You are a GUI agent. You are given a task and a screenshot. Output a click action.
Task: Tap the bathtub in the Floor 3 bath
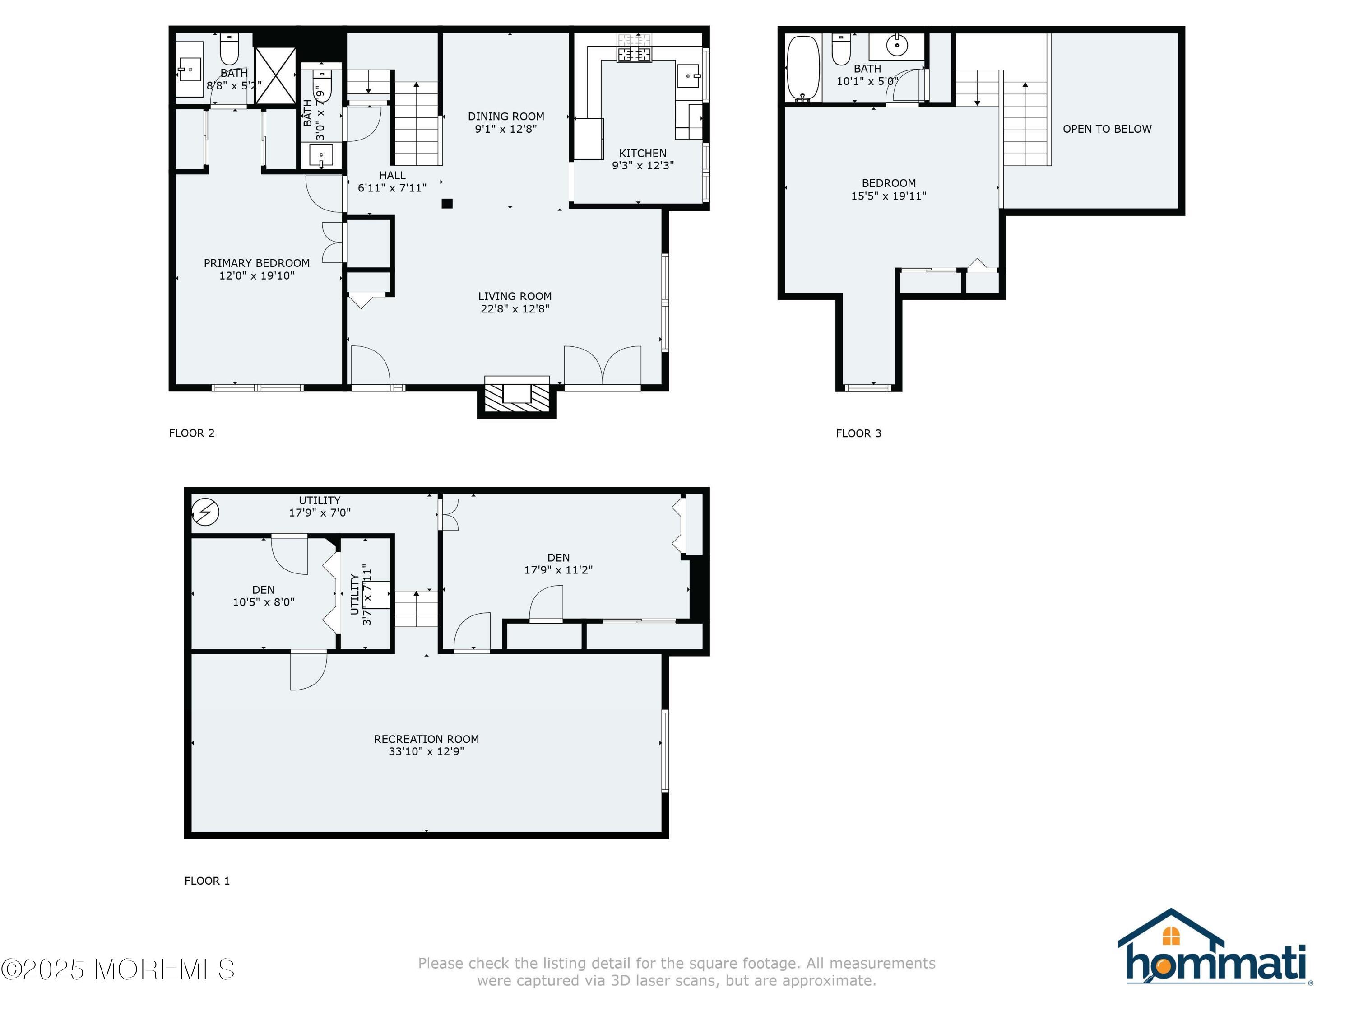pyautogui.click(x=802, y=68)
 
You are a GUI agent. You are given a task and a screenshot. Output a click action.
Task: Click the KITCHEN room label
pyautogui.click(x=642, y=153)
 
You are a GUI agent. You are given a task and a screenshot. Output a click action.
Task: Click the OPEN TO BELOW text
pyautogui.click(x=1107, y=129)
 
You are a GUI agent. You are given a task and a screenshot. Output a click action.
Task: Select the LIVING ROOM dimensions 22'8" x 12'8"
pyautogui.click(x=515, y=309)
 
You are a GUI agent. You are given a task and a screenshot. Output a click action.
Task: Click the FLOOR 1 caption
pyautogui.click(x=207, y=881)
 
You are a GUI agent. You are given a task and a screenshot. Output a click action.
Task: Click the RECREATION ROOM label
pyautogui.click(x=426, y=739)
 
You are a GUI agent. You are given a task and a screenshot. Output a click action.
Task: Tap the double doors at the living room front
pyautogui.click(x=603, y=366)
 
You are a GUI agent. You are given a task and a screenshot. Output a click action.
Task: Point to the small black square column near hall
pyautogui.click(x=447, y=203)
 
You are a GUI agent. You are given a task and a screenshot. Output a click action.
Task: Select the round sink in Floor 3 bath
pyautogui.click(x=897, y=45)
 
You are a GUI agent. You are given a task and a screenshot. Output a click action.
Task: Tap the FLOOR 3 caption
pyautogui.click(x=858, y=433)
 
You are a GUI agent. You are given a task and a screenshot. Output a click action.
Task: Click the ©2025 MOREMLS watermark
pyautogui.click(x=117, y=969)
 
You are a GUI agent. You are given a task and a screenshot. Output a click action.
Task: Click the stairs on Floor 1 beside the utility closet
pyautogui.click(x=416, y=609)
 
